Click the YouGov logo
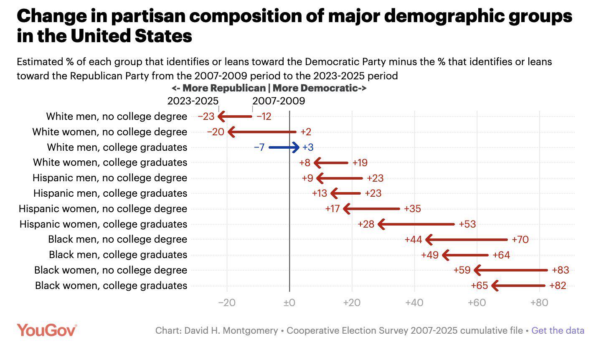pos(47,330)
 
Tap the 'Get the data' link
pos(558,330)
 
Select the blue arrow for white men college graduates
pos(284,147)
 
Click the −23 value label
pos(206,117)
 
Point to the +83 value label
pos(560,270)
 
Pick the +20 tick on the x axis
pos(352,302)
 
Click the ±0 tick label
pos(289,302)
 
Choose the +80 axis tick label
pos(539,302)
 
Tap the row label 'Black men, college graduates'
pos(118,255)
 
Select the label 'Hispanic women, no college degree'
pos(103,209)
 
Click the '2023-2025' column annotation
pos(193,101)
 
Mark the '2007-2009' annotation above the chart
pos(279,101)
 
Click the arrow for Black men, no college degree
pos(466,240)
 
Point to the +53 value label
pos(467,224)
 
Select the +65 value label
pos(479,286)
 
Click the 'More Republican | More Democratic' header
pos(269,88)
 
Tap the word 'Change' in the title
pos(49,16)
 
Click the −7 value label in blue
pos(259,147)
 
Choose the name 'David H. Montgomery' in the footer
pos(231,330)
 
